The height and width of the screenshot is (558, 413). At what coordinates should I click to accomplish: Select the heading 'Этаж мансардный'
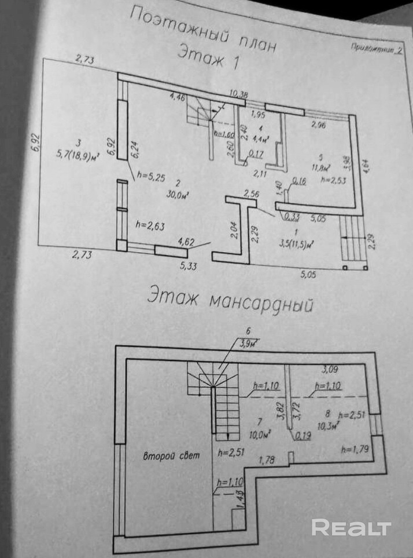(x=230, y=300)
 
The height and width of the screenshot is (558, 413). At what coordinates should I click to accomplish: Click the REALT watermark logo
(x=351, y=527)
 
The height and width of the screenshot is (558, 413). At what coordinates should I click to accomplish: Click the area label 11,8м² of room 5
(x=319, y=168)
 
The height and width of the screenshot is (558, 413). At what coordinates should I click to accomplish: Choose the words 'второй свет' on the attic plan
(x=171, y=456)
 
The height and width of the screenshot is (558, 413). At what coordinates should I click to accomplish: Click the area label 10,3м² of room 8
(x=328, y=424)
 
